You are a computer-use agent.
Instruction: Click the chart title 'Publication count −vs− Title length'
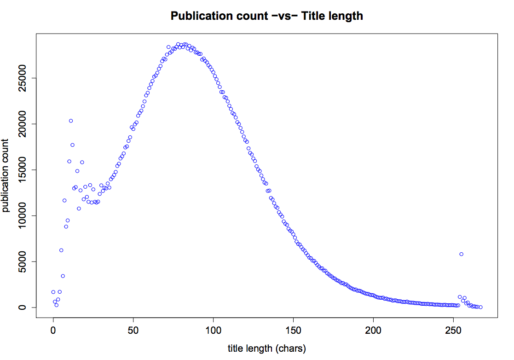266,16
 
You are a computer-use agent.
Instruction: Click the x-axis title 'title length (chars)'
266,348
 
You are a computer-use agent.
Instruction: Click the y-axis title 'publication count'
6,175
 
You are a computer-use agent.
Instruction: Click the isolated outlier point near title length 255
461,254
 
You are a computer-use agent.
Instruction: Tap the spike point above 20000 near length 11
71,121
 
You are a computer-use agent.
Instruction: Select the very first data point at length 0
53,292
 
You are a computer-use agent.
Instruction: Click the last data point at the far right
480,307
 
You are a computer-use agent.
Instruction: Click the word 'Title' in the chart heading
313,16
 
